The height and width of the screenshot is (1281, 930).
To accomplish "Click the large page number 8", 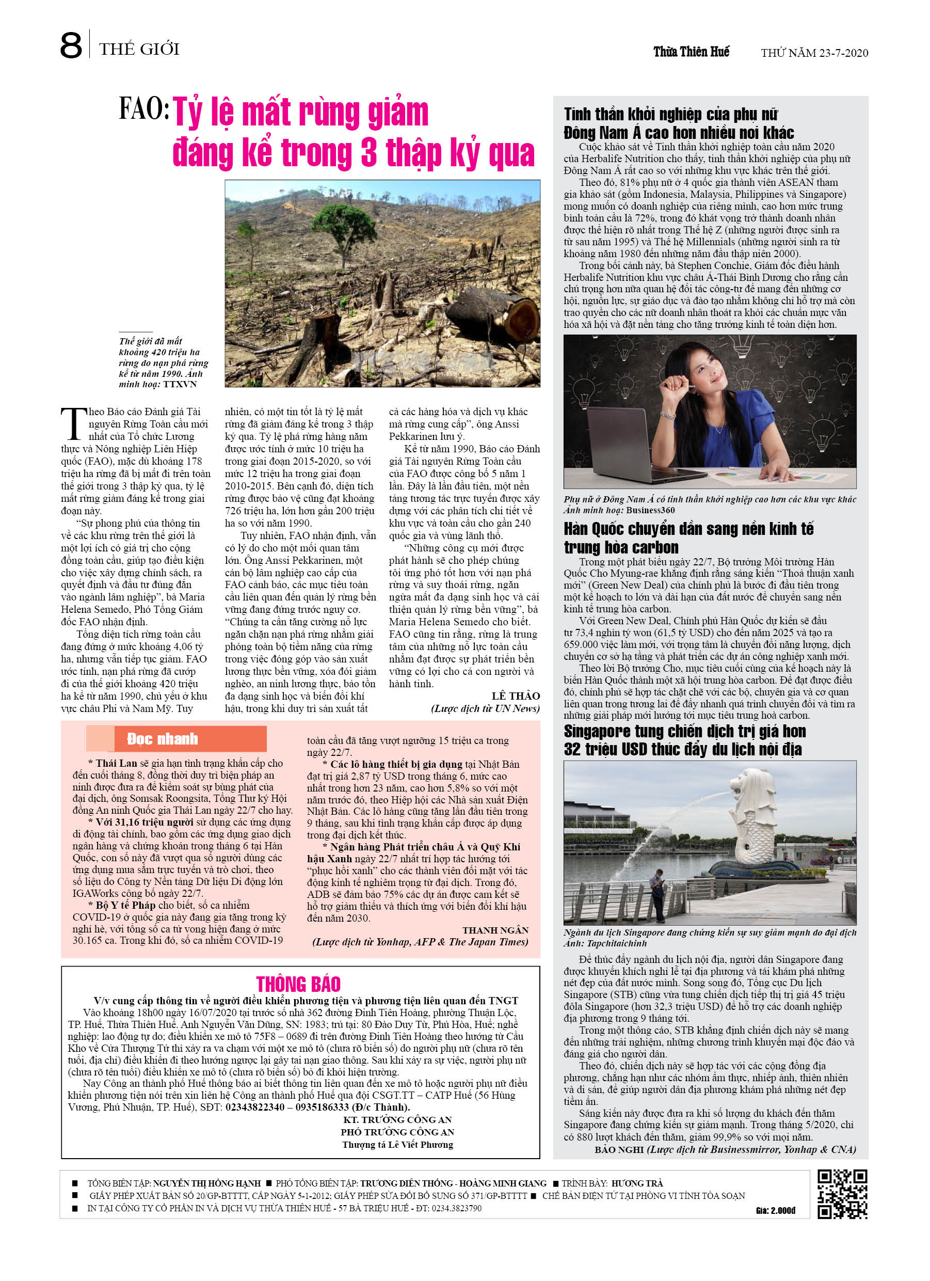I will [x=71, y=46].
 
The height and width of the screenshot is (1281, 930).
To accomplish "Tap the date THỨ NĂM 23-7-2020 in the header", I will [x=814, y=53].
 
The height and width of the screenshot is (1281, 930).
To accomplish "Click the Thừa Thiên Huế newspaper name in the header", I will [x=691, y=52].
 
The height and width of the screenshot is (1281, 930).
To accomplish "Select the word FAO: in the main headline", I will [x=144, y=109].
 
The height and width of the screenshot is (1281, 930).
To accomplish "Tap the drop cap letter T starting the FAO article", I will [x=73, y=423].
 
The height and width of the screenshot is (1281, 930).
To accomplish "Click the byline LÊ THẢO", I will [x=516, y=696].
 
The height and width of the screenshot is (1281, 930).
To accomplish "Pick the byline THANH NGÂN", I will [x=495, y=930].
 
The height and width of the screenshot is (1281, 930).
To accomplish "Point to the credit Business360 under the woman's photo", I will [x=650, y=510].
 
